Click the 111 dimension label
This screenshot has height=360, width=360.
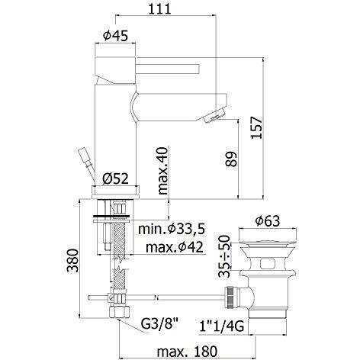159,8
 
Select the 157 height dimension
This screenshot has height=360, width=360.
256,127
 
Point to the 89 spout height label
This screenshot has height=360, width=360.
231,159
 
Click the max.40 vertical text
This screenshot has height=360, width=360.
163,171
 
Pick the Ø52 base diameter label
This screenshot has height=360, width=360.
116,178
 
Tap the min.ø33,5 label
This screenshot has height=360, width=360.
172,229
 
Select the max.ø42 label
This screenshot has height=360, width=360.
175,246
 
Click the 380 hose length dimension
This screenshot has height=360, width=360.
72,261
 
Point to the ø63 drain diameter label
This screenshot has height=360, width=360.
268,221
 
